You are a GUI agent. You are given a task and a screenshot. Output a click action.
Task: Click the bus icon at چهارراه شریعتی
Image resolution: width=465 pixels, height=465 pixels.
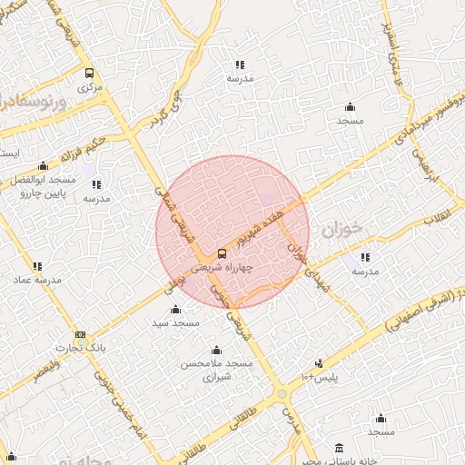coord(223,253)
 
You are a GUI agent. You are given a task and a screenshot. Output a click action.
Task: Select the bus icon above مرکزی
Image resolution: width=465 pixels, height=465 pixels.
coord(88,73)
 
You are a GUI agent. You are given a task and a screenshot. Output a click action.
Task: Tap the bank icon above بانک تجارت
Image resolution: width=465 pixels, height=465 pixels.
coord(81,335)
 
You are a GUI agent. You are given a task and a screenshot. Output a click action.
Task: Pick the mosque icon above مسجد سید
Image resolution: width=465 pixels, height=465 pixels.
coord(175,310)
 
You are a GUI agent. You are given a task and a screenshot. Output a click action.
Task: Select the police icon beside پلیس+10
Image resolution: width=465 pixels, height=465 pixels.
coord(318,363)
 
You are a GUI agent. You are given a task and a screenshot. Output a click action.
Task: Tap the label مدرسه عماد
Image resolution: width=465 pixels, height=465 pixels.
coord(37,281)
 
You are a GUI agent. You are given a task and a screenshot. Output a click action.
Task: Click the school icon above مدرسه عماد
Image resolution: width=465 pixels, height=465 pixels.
coord(37,266)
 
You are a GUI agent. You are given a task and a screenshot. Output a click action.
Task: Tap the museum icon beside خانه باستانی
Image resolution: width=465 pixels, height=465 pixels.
coord(340,448)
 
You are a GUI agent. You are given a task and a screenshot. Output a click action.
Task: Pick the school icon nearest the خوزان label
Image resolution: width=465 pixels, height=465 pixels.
coord(365,257)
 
